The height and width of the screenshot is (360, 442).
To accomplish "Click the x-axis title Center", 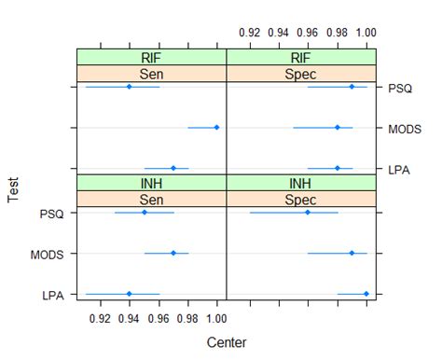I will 227,342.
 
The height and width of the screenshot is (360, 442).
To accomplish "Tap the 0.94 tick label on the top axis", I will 278,32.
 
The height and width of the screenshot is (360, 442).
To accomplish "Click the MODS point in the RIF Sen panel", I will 216,128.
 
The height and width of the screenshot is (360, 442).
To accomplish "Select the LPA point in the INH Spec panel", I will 366,294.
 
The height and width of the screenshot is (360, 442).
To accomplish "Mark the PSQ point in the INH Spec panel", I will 308,213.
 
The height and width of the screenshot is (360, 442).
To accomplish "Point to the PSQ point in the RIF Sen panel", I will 129,87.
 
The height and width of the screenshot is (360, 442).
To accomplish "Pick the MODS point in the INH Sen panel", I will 173,253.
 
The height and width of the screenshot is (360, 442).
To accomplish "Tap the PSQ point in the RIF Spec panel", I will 352,87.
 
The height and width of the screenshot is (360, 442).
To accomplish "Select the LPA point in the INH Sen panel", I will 129,294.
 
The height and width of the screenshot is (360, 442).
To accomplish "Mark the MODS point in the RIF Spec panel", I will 338,128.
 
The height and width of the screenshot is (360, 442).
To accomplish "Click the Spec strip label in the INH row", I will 302,198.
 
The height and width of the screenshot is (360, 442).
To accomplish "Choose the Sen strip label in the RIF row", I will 152,73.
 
